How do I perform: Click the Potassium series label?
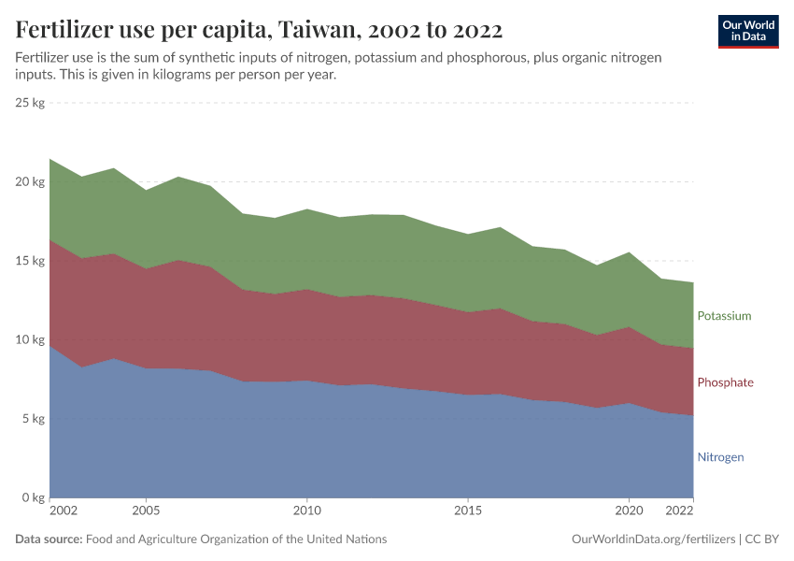(x=724, y=316)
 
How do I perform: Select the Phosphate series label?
(x=725, y=382)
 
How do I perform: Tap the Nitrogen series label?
(x=720, y=457)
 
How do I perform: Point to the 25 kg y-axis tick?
(x=31, y=103)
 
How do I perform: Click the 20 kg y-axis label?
(x=31, y=181)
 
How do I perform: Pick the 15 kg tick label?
(x=31, y=261)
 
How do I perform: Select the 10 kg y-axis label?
(x=31, y=339)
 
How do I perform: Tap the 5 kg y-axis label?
(x=34, y=419)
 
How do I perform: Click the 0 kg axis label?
(x=34, y=497)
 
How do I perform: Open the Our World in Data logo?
(x=748, y=31)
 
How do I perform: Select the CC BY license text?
(x=762, y=539)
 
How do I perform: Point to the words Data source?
(x=49, y=539)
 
